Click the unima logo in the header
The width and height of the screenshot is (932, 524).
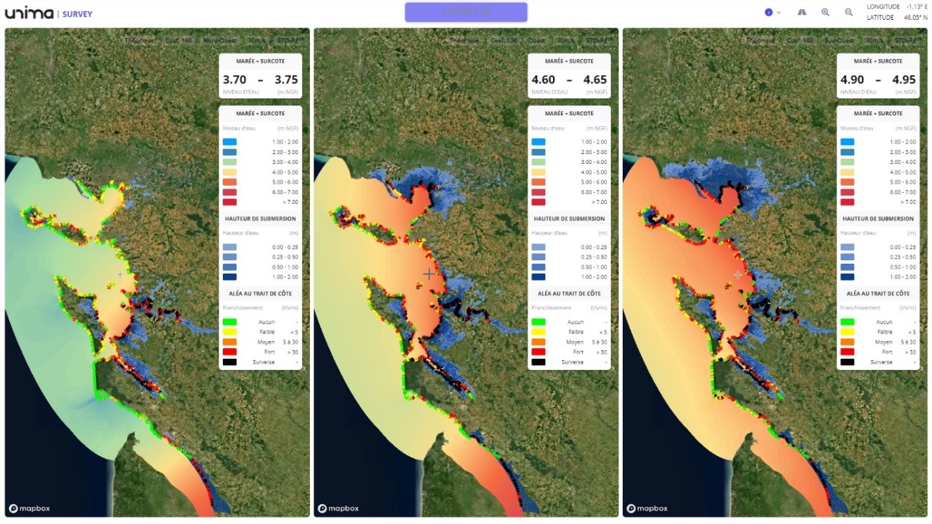tap(29, 13)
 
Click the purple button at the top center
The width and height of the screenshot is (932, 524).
tap(465, 12)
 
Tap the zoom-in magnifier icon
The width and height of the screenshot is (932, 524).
tap(825, 13)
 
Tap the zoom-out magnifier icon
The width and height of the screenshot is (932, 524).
tap(848, 13)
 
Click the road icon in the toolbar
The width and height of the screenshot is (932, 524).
tap(802, 13)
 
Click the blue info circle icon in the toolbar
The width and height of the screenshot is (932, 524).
tap(769, 13)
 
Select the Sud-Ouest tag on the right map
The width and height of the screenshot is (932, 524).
tap(839, 41)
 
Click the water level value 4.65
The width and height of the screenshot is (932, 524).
tap(595, 80)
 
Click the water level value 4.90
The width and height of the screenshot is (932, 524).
tap(852, 80)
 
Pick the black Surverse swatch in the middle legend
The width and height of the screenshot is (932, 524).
tap(539, 362)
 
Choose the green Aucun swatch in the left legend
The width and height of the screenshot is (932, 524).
tap(231, 322)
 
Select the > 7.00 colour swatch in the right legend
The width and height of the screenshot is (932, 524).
tap(848, 202)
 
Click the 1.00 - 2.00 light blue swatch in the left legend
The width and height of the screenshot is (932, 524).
tap(231, 142)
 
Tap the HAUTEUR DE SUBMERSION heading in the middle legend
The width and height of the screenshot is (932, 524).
tap(569, 219)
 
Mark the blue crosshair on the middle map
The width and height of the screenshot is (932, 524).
tap(429, 274)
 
